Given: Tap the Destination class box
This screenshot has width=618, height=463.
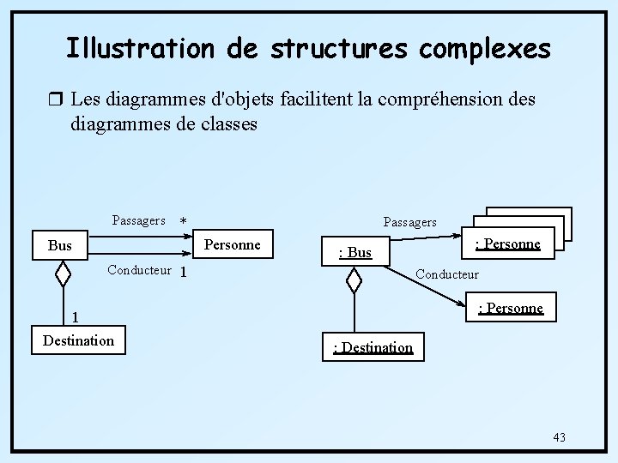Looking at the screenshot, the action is click(x=78, y=340).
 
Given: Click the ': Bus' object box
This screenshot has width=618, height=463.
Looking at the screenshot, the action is click(x=355, y=252).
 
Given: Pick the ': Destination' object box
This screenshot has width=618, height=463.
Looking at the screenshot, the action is click(x=373, y=347).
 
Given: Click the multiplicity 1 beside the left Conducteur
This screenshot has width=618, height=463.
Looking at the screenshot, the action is click(x=183, y=273).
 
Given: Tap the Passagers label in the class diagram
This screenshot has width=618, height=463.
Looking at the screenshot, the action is click(x=138, y=220).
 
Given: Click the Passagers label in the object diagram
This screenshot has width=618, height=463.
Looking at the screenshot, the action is click(x=409, y=222).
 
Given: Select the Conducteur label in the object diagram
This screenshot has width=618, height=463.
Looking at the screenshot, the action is click(x=446, y=274).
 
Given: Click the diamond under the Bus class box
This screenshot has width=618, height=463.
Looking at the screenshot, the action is click(x=63, y=274).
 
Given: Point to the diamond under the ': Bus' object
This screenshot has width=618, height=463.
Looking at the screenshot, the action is click(x=354, y=280).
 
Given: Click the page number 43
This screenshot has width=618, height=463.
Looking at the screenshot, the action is click(x=559, y=437).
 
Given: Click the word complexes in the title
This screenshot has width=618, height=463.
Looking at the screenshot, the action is click(x=486, y=48).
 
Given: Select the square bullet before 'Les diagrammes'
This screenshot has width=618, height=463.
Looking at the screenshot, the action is click(x=58, y=100).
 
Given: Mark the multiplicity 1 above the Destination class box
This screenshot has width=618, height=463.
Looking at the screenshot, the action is click(x=76, y=315).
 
